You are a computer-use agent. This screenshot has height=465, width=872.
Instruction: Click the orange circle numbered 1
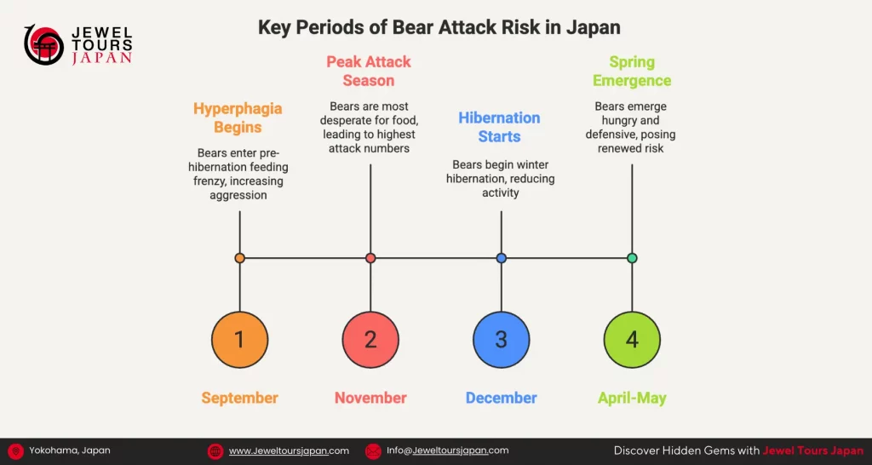(x=239, y=340)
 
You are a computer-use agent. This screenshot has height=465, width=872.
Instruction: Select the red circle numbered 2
(x=370, y=340)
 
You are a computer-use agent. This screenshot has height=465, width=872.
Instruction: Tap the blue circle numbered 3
(x=501, y=340)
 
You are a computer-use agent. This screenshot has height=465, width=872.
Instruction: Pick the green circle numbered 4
(x=632, y=340)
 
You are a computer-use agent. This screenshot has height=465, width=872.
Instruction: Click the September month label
(x=239, y=398)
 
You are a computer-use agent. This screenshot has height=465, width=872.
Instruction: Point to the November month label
(x=370, y=398)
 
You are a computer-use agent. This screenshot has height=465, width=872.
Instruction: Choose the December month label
(x=501, y=398)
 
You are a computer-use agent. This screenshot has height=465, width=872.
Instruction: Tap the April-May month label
(x=632, y=398)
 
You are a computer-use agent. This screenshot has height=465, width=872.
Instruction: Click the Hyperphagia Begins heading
(x=238, y=118)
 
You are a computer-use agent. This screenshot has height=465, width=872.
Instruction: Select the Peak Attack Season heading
(x=369, y=72)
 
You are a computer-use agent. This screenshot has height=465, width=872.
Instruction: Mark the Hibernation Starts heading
(x=499, y=127)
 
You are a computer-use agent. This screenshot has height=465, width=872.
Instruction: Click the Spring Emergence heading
(x=632, y=72)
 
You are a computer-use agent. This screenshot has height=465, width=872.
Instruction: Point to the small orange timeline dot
(x=239, y=258)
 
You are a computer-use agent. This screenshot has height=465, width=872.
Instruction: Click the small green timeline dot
(x=632, y=258)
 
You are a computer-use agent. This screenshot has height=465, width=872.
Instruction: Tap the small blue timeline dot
(x=501, y=258)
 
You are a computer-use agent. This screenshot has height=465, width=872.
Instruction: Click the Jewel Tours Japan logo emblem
(x=43, y=45)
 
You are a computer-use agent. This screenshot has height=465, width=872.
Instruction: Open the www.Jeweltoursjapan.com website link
(x=289, y=451)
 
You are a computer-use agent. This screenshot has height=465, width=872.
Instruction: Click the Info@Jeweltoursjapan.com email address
(x=447, y=451)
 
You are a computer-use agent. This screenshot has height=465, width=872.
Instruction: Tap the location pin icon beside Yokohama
(x=15, y=451)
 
